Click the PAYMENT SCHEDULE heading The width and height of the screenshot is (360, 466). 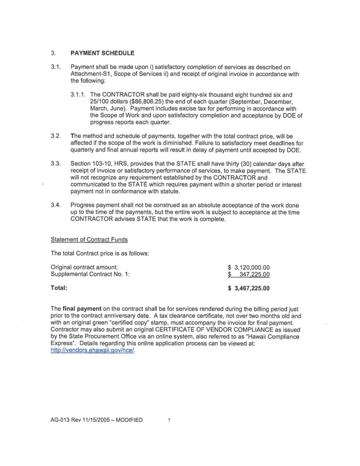102,54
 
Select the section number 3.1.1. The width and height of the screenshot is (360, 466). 79,95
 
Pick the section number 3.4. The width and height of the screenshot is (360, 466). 55,205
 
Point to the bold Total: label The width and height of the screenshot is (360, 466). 59,288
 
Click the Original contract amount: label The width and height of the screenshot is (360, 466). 85,267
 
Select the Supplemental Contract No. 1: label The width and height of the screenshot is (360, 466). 90,275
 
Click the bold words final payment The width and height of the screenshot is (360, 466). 84,309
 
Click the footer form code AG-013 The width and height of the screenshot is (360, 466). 61,420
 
